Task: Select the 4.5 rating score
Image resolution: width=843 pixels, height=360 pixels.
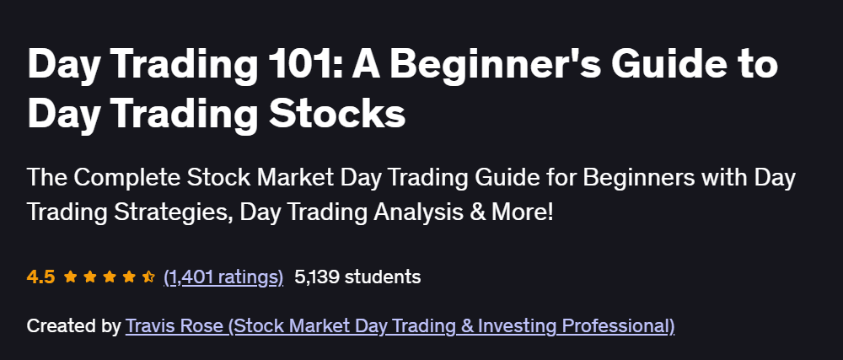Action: (x=40, y=277)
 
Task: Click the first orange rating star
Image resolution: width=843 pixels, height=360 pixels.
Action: (x=69, y=276)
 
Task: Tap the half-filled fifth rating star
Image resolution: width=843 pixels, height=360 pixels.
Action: (x=148, y=276)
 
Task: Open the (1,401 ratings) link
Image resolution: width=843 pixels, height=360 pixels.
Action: (x=223, y=277)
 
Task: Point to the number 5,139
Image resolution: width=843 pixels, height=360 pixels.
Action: (x=317, y=277)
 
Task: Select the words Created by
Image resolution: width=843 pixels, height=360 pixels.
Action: (x=73, y=325)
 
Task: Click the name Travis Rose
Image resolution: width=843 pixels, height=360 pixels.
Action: (x=174, y=325)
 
